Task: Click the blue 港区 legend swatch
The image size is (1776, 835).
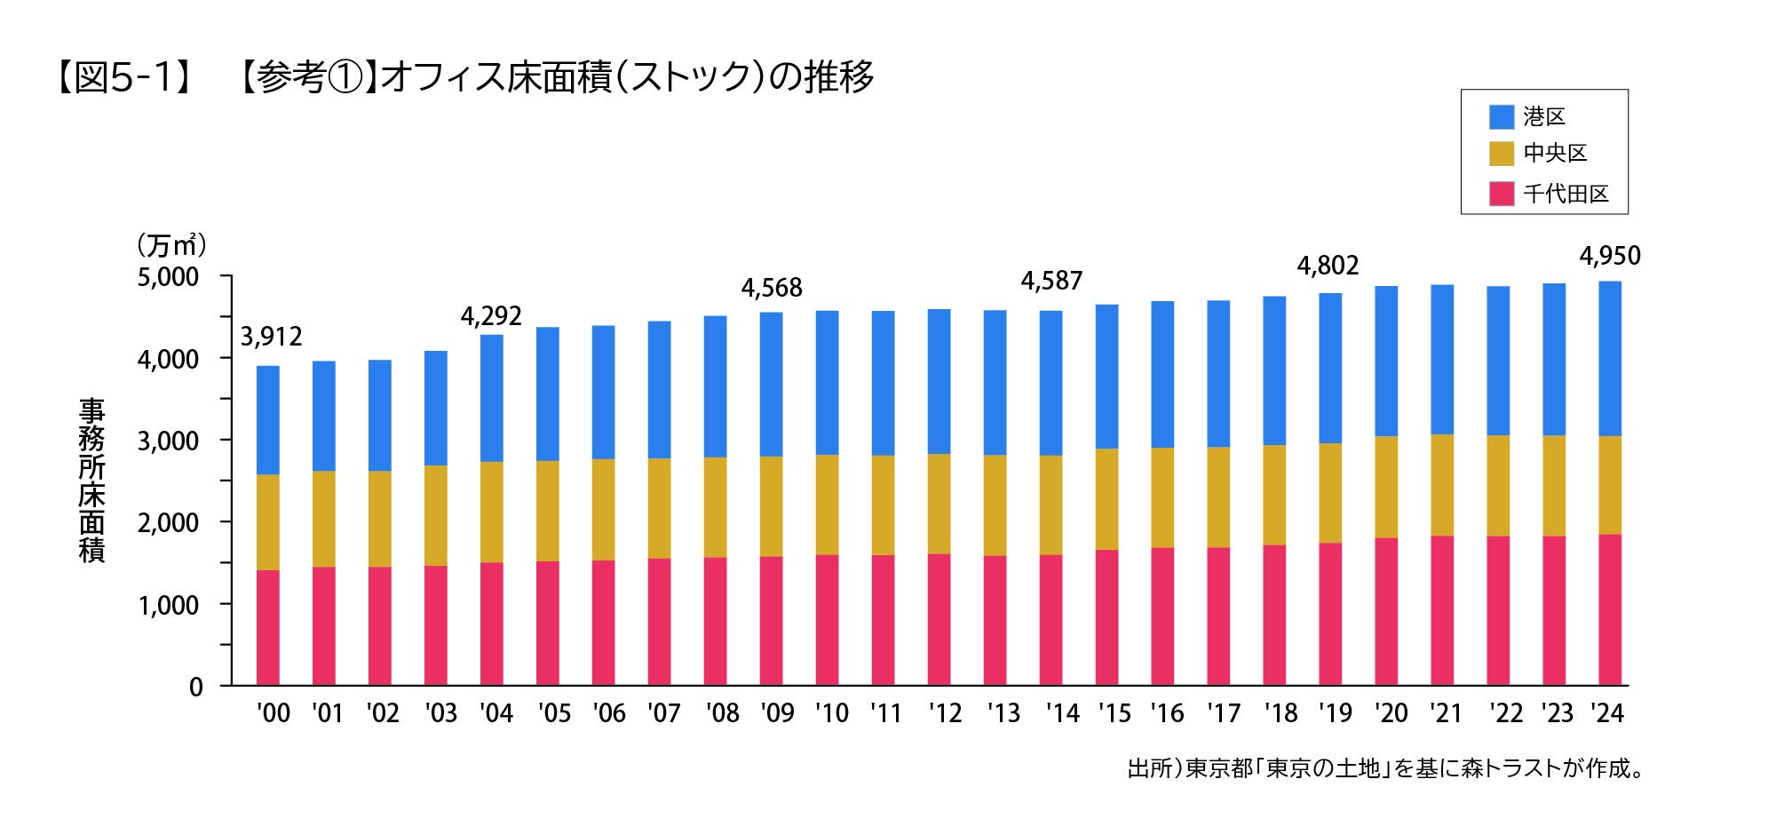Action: click(x=1502, y=116)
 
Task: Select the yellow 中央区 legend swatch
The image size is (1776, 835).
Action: click(x=1502, y=154)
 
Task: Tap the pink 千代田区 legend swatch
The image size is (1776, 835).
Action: click(x=1502, y=194)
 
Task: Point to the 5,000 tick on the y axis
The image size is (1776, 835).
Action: click(x=169, y=277)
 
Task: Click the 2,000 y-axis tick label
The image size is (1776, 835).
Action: click(x=169, y=522)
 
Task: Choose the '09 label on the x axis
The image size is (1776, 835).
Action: click(x=778, y=713)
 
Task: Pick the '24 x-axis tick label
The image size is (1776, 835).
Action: click(x=1607, y=713)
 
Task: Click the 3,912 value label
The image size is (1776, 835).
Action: click(x=272, y=337)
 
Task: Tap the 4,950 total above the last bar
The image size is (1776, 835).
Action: click(x=1610, y=257)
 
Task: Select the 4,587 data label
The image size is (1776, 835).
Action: click(x=1051, y=282)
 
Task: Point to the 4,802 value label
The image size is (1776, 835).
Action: click(x=1328, y=266)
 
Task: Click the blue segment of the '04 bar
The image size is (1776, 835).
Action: click(x=492, y=398)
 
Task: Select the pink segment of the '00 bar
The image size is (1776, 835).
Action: click(x=268, y=627)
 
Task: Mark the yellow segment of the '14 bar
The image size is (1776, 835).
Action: click(x=1051, y=505)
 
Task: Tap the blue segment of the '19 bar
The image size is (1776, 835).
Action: click(x=1330, y=368)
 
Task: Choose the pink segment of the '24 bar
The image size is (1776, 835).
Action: click(x=1610, y=609)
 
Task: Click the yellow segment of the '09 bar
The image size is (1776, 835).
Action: click(x=772, y=506)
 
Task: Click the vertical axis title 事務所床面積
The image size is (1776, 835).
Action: click(x=91, y=480)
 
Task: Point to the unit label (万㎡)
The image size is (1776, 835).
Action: click(x=171, y=244)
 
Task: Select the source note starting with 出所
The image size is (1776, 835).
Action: click(x=1385, y=768)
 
